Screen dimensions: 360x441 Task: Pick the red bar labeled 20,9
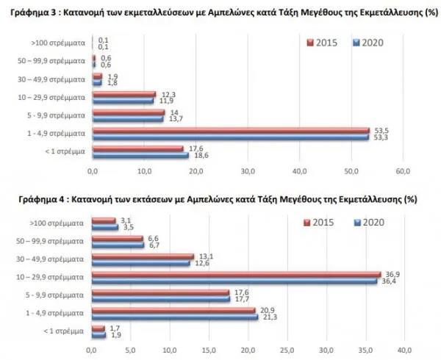(x=173, y=310)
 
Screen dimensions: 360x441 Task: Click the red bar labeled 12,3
(x=124, y=93)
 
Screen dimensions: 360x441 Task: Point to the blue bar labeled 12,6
(x=140, y=262)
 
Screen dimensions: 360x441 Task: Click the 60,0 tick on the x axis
(x=404, y=172)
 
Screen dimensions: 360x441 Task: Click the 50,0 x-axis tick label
(x=351, y=172)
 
